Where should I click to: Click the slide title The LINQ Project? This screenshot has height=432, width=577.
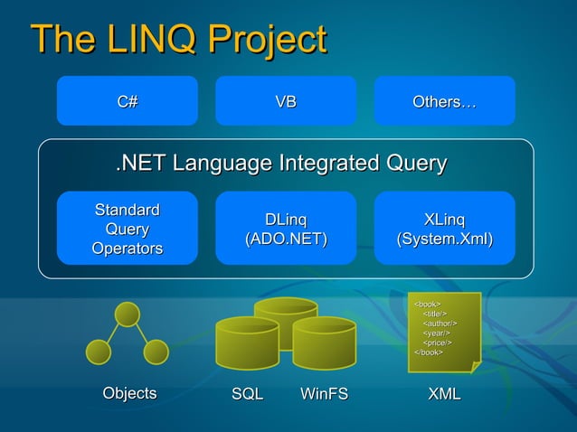pyautogui.click(x=178, y=40)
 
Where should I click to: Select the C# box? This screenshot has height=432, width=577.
pyautogui.click(x=128, y=101)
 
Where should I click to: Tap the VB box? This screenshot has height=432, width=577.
pyautogui.click(x=286, y=101)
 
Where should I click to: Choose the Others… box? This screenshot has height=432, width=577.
pyautogui.click(x=444, y=101)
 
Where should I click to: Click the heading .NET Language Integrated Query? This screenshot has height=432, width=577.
pyautogui.click(x=281, y=164)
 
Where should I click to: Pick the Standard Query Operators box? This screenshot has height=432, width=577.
pyautogui.click(x=128, y=229)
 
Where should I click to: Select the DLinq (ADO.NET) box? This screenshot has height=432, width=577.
pyautogui.click(x=286, y=229)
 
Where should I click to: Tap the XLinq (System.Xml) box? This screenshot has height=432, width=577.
pyautogui.click(x=445, y=229)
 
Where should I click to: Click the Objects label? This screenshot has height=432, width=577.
pyautogui.click(x=129, y=393)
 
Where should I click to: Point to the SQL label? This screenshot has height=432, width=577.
pyautogui.click(x=247, y=394)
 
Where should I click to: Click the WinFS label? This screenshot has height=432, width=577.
pyautogui.click(x=324, y=394)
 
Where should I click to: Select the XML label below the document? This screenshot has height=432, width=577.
pyautogui.click(x=444, y=394)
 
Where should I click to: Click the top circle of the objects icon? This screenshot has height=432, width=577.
pyautogui.click(x=128, y=315)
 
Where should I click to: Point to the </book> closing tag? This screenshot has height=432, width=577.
pyautogui.click(x=429, y=352)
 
